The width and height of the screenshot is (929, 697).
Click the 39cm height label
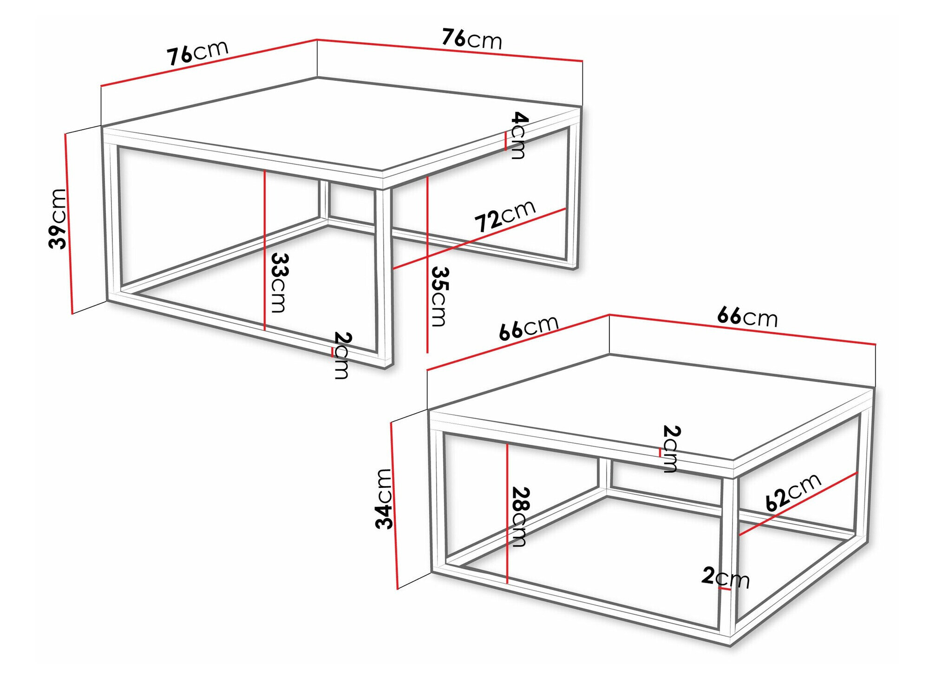click(x=58, y=218)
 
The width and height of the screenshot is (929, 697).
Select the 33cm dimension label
click(x=279, y=283)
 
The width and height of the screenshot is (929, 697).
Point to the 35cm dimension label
click(x=439, y=296)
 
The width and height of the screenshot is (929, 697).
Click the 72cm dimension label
click(x=505, y=216)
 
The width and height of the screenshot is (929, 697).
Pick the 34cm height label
click(x=385, y=499)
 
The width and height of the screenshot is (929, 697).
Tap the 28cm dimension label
click(x=519, y=517)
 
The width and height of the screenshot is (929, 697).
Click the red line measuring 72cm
click(x=479, y=238)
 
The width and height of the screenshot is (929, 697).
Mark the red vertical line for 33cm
click(x=264, y=250)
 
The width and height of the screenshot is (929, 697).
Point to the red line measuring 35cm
click(x=427, y=264)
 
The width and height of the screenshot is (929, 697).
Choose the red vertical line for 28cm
click(x=507, y=513)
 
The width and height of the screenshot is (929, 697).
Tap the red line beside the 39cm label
click(x=69, y=224)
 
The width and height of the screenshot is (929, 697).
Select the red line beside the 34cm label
click(x=395, y=506)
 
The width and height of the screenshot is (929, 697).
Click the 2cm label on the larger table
click(x=342, y=355)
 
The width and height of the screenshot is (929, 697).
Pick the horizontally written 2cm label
click(x=725, y=578)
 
